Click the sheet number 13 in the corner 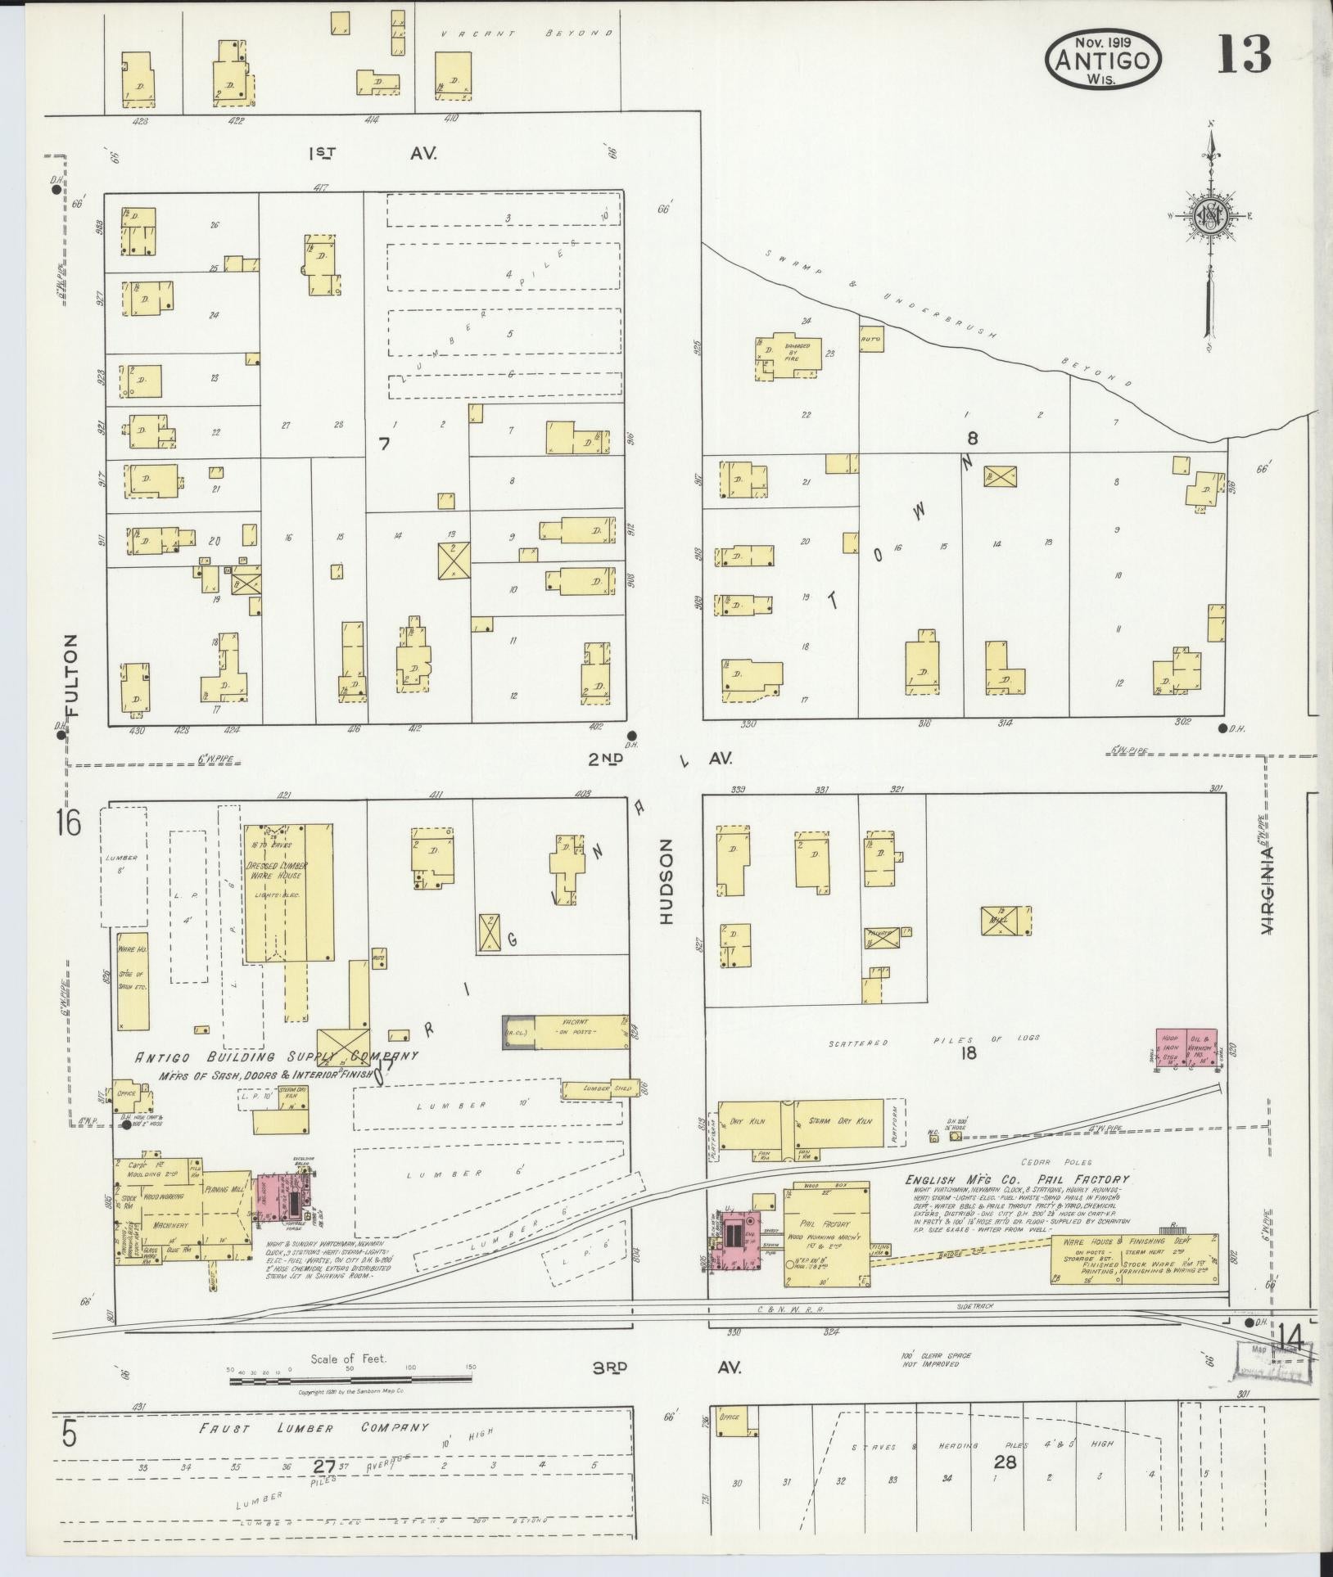1243,54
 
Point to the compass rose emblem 1209,216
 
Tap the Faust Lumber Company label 314,1428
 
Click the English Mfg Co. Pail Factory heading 1016,1180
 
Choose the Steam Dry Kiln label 831,1120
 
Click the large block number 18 969,1053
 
